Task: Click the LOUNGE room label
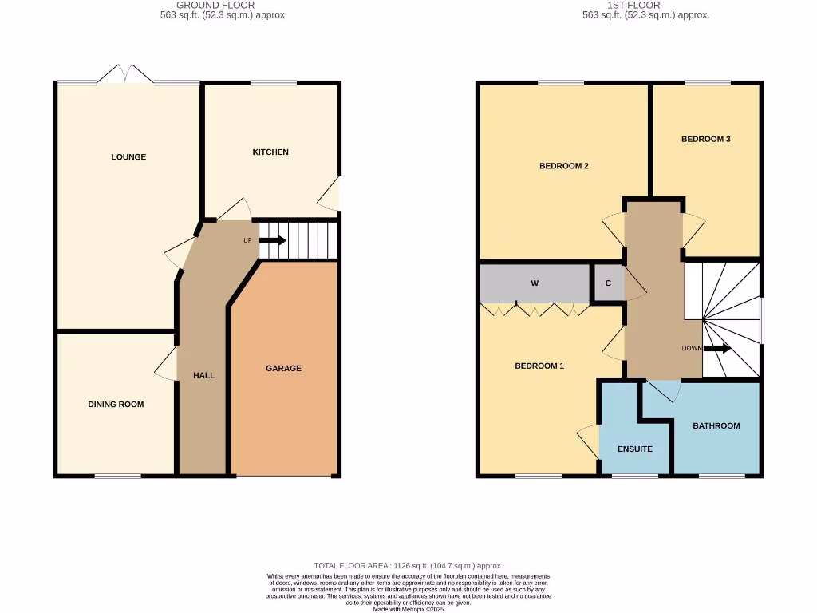(x=128, y=157)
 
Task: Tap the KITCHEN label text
(x=270, y=152)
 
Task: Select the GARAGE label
(x=283, y=369)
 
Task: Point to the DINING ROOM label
(x=116, y=405)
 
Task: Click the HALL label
(x=203, y=375)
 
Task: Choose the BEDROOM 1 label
(x=539, y=366)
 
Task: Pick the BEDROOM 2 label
(x=564, y=166)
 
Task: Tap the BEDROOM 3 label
(x=705, y=139)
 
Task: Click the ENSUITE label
(x=635, y=449)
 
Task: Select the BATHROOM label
(x=716, y=426)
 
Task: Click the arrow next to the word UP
(x=272, y=240)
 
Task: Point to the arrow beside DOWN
(x=716, y=349)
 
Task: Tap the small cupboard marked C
(x=608, y=283)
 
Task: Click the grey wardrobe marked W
(x=534, y=283)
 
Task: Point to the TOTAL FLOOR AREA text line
(x=408, y=566)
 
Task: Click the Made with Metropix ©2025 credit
(x=408, y=609)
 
